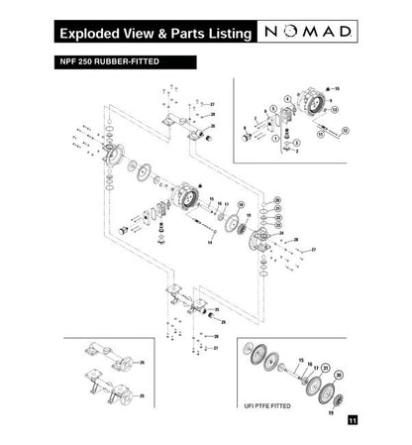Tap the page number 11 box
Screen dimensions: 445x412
[x=353, y=421]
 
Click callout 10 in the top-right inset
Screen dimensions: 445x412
[x=336, y=89]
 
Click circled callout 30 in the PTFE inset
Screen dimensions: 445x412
[x=338, y=375]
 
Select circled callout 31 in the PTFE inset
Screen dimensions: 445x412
[x=326, y=367]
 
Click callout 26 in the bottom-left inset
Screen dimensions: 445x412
[x=142, y=364]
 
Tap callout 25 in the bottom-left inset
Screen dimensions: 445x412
[x=141, y=394]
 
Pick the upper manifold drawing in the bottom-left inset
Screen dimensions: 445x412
[x=104, y=358]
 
